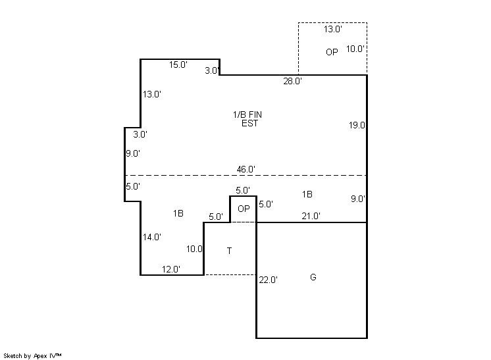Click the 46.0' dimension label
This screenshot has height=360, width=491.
click(245, 169)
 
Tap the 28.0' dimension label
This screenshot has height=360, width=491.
click(292, 81)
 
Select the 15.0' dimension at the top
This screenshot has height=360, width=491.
click(178, 64)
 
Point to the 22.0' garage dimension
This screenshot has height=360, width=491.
click(268, 280)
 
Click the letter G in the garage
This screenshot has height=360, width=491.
click(313, 277)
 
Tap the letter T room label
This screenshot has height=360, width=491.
click(229, 251)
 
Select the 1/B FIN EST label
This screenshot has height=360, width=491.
click(247, 119)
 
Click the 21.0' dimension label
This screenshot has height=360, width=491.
click(311, 216)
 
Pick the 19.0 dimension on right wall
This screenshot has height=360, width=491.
click(357, 125)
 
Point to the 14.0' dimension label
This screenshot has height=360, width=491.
click(152, 237)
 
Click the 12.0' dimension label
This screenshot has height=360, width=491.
click(171, 269)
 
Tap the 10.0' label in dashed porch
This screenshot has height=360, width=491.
click(355, 49)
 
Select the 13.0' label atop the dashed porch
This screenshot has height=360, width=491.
click(333, 29)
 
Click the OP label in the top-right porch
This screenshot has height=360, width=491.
click(332, 52)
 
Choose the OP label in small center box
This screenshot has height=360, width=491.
click(244, 209)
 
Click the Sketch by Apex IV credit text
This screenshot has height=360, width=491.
click(32, 356)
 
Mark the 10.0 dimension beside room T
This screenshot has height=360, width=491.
click(194, 249)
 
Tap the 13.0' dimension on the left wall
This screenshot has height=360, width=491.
click(152, 94)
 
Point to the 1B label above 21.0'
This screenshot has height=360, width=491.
click(307, 194)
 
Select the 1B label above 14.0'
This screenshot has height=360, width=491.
click(178, 213)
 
